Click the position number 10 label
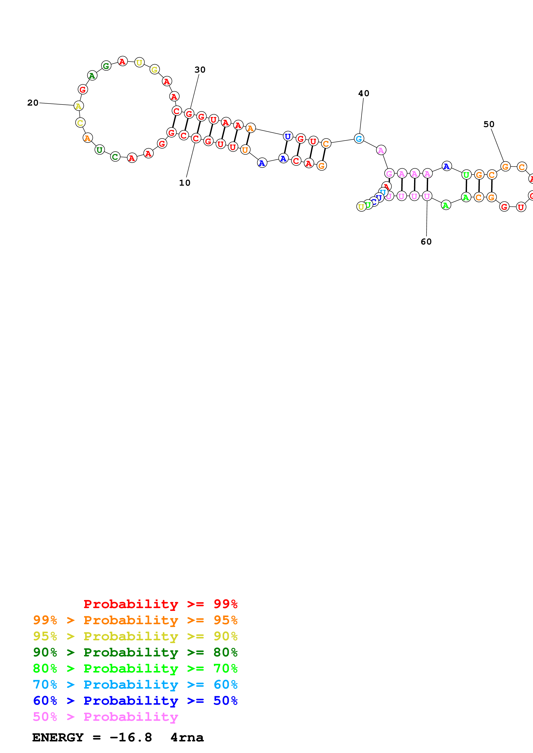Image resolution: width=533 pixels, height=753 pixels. [184, 183]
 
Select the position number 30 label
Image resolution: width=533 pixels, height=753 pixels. [200, 70]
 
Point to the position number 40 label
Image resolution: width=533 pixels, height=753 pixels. [364, 93]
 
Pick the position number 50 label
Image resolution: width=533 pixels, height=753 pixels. [489, 124]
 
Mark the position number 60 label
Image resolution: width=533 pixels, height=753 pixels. [426, 242]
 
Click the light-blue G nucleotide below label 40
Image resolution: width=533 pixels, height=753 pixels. [359, 139]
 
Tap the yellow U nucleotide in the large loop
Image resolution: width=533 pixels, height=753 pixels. [139, 62]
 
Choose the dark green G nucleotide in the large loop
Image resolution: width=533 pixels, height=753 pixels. [106, 66]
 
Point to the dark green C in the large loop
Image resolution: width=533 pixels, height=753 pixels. [115, 157]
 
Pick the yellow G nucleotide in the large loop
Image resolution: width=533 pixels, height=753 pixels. [154, 70]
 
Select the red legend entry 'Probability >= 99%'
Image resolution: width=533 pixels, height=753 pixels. [160, 604]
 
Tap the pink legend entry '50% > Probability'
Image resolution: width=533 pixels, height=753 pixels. [105, 717]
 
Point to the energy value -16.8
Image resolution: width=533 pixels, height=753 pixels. [131, 738]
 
